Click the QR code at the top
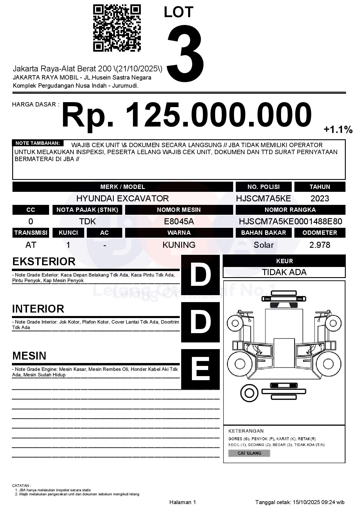coord(117,28)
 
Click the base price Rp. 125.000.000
coord(186,115)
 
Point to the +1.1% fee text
coord(338,129)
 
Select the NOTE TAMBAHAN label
coord(38,143)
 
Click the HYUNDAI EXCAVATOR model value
coord(122,198)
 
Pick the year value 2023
coord(320,198)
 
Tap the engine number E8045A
coord(179,221)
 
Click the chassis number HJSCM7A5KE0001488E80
coord(290,221)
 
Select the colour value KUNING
coord(179,245)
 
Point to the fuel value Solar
coord(263,245)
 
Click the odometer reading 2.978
coord(320,245)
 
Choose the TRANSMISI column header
coord(31,233)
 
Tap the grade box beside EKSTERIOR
coord(200,274)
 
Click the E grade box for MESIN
coord(200,369)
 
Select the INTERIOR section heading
coord(38,309)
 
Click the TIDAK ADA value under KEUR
coord(284,272)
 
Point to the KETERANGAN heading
coord(246,431)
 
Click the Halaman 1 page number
coord(183,502)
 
